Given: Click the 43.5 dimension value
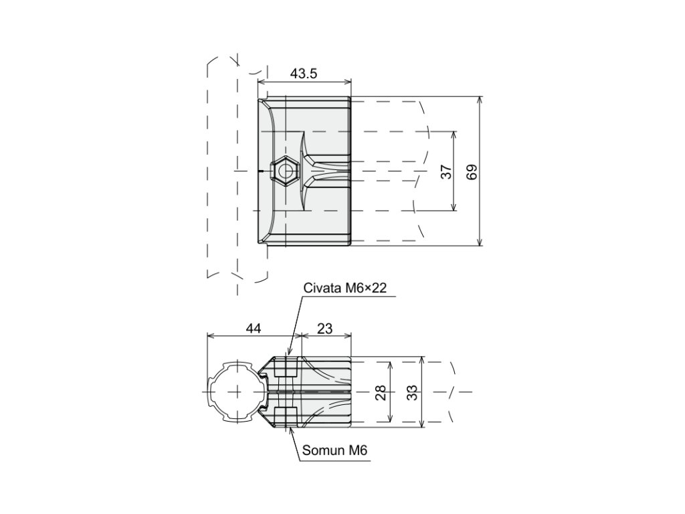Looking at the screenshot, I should point(304,74).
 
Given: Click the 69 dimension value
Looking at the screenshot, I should point(472,171).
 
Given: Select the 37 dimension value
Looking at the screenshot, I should point(446,171).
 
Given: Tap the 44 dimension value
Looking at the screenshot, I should point(253,328).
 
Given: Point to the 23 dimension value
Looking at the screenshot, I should point(325,328).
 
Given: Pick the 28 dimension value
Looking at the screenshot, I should point(381,392).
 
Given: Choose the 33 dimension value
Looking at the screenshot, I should point(413,392).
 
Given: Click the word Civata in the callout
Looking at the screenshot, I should point(322,288).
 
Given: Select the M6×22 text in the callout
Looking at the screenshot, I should point(365,288).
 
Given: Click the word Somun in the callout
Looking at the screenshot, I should point(322,451).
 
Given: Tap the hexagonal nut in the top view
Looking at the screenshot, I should point(286,171).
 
